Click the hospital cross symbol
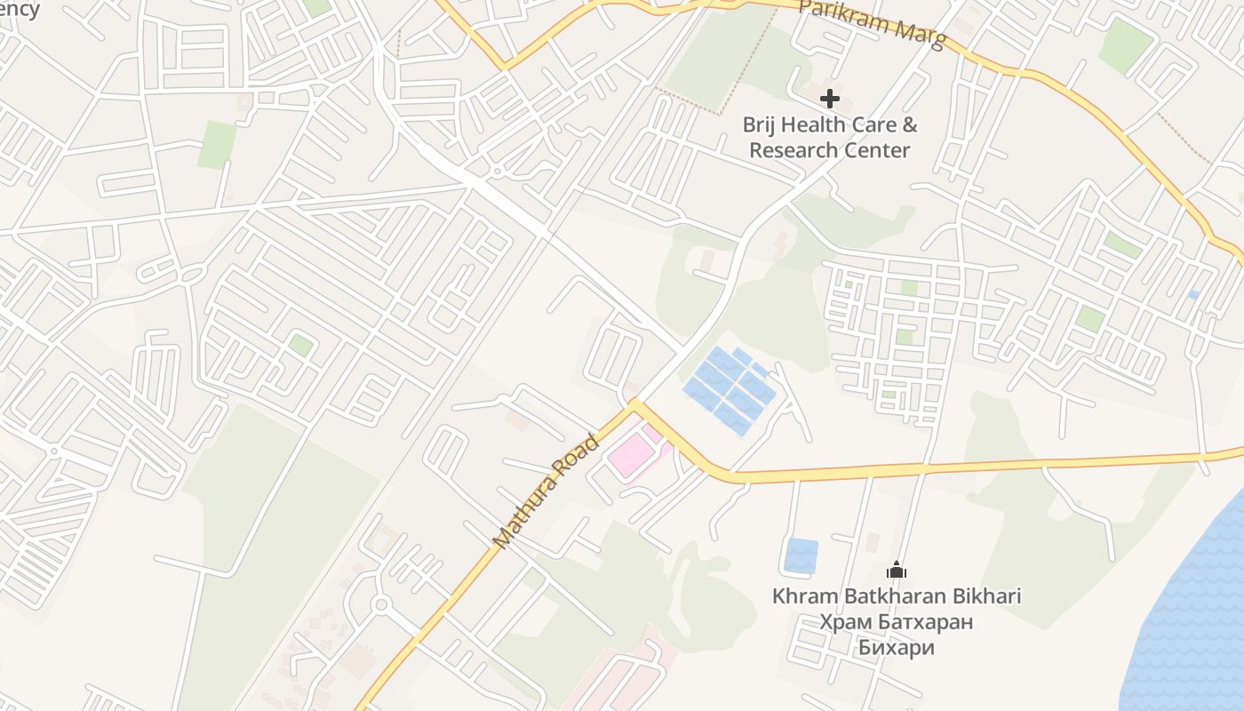829,98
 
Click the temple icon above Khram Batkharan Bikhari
897,570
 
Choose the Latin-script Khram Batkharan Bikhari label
897,595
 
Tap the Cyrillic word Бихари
897,647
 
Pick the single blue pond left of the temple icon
801,555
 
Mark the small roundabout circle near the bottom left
382,605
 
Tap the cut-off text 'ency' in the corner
19,9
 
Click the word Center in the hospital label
880,149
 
